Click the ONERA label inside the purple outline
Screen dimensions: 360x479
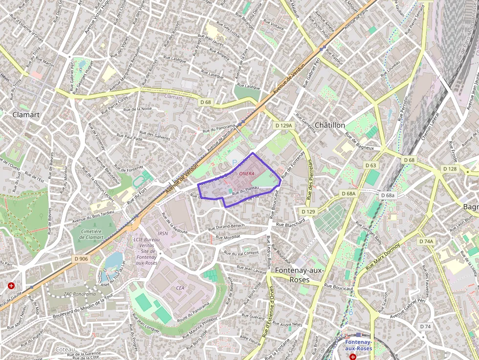pos(246,173)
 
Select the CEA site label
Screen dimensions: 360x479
pos(180,288)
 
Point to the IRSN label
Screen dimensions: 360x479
pos(163,233)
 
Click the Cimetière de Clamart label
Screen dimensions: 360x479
pos(87,234)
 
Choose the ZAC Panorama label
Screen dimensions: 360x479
pos(80,294)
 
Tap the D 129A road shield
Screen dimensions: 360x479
pos(283,126)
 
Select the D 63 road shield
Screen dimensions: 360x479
pos(370,166)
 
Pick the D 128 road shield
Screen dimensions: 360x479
pos(449,169)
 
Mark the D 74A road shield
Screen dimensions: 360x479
pos(426,241)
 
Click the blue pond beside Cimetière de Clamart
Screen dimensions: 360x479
pos(113,261)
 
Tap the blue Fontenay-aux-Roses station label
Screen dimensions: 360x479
pos(359,345)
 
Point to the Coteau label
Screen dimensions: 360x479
pos(65,350)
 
